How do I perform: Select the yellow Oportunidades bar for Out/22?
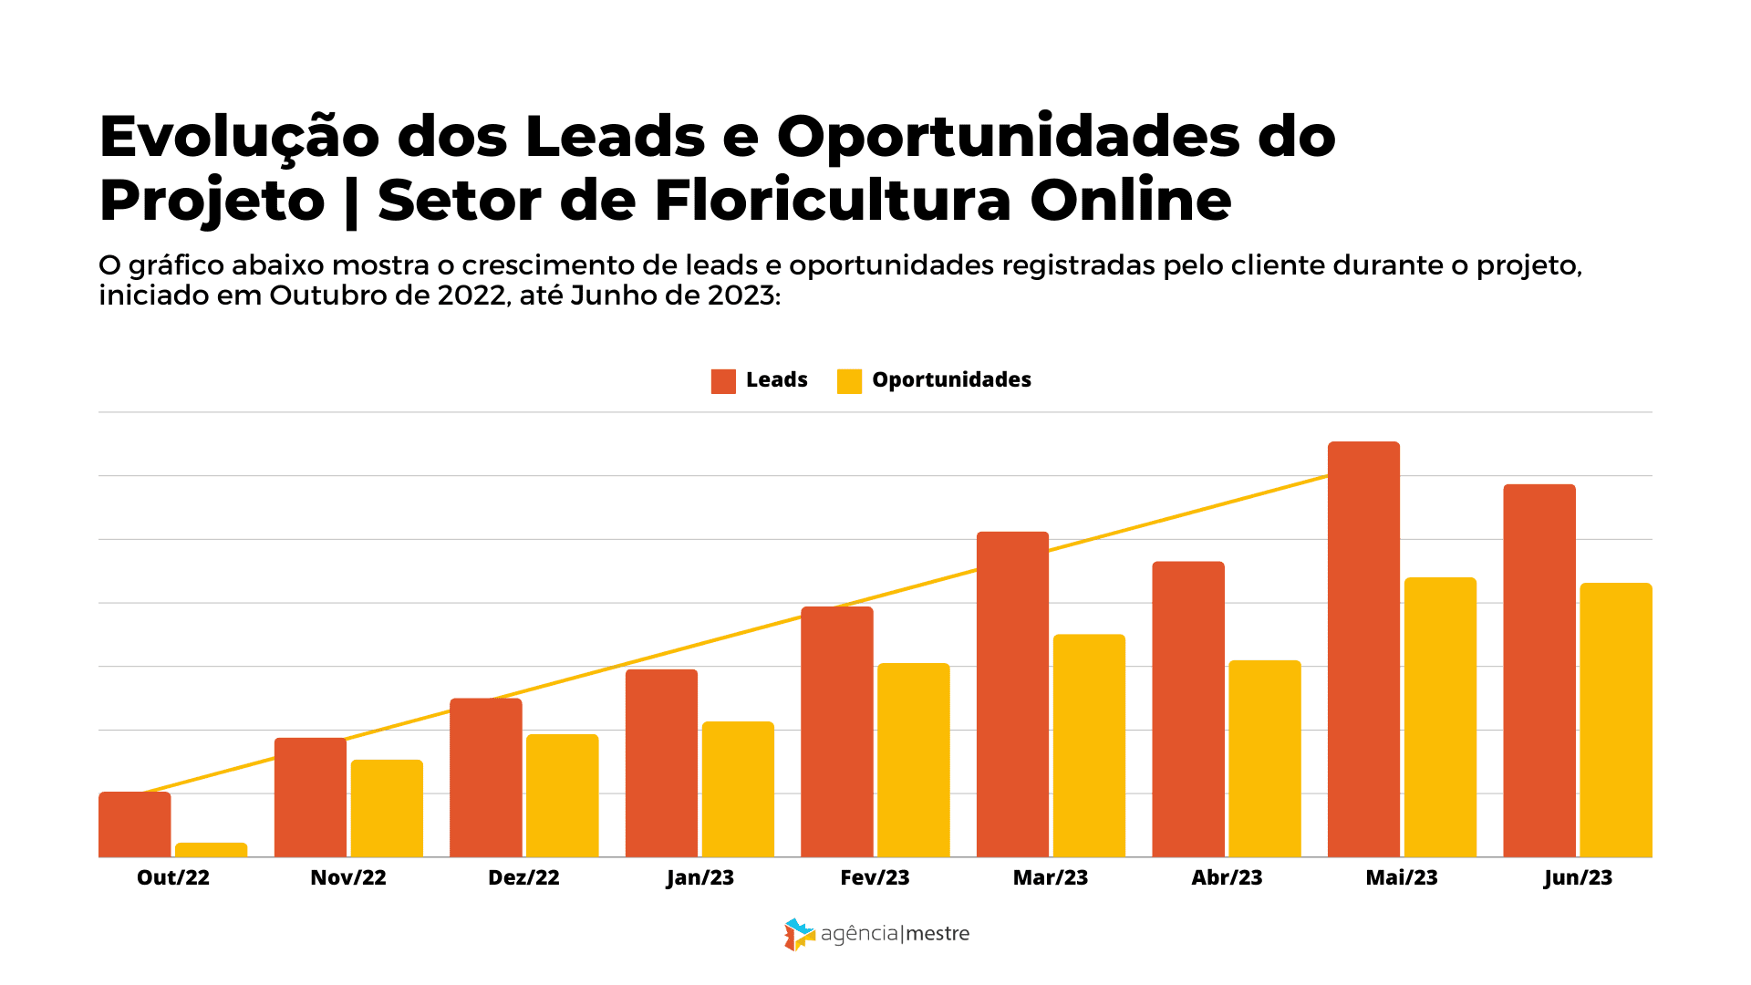[211, 849]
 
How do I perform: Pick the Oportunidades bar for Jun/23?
[1615, 721]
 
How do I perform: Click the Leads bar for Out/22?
[134, 824]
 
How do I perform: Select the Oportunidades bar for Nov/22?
[387, 808]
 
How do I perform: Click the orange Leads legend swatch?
[723, 381]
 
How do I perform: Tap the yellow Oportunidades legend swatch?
[849, 381]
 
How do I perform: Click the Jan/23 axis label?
[699, 877]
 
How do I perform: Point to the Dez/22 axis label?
[523, 877]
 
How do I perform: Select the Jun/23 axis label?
[1578, 877]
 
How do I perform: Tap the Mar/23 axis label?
[1051, 877]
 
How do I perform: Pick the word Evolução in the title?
[239, 137]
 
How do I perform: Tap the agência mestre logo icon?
[799, 934]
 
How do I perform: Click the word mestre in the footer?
[938, 934]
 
